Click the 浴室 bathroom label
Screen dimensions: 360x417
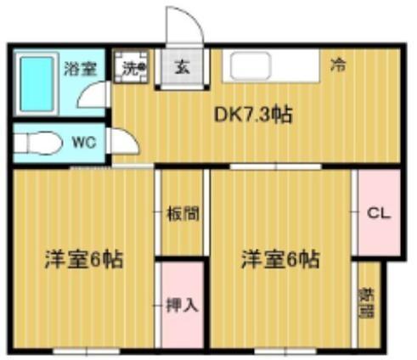80,69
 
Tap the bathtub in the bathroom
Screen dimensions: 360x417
37,82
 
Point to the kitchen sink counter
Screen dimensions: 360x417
269,66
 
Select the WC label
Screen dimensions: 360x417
82,143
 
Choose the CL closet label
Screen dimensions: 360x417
378,214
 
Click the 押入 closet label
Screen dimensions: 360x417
182,304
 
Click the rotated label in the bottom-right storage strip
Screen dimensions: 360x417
367,301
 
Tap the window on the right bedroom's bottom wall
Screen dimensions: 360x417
281,350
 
